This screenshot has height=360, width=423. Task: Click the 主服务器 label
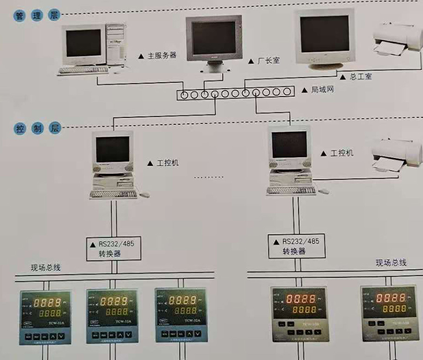click(162, 55)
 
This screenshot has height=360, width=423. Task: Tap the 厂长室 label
click(268, 61)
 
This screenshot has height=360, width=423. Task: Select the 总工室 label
click(361, 77)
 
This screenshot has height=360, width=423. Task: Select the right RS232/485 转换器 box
click(296, 246)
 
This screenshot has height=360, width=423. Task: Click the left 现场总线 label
click(46, 268)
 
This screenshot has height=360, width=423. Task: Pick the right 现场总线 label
click(391, 262)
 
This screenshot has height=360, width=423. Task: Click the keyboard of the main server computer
click(84, 70)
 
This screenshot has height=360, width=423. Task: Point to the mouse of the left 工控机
click(144, 195)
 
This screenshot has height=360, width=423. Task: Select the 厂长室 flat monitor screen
click(214, 38)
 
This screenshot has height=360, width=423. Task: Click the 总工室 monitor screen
click(324, 34)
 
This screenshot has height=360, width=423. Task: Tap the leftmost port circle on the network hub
click(184, 95)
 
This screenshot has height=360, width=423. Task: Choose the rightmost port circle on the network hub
click(287, 92)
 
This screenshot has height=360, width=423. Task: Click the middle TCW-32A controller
click(112, 316)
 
